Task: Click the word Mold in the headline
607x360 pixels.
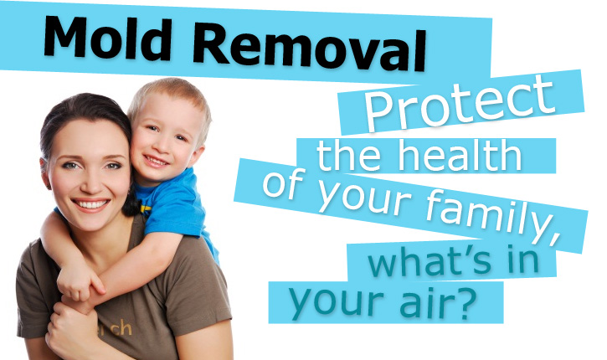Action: pos(107,38)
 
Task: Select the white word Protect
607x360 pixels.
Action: pos(460,102)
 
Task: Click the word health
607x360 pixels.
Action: pos(460,155)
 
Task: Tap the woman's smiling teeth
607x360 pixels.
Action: pos(91,204)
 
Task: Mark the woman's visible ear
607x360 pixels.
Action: pos(45,174)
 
